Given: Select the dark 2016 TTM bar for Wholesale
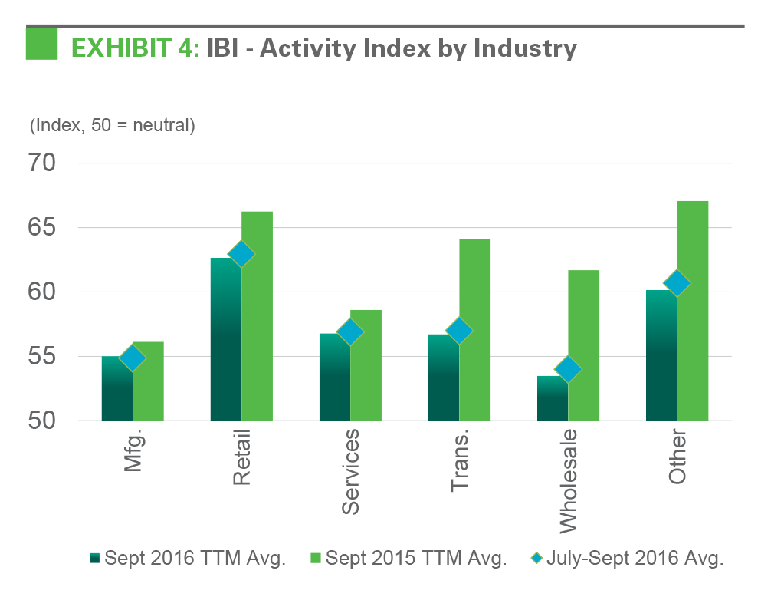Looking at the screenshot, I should tap(552, 399).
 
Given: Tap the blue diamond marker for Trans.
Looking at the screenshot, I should tap(459, 331).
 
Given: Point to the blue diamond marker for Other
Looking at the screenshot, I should tap(677, 283).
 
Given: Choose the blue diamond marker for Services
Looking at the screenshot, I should tap(350, 331).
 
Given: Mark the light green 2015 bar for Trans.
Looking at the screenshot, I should tap(475, 330).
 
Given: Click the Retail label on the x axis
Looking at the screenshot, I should tap(241, 460).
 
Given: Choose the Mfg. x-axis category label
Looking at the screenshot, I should tap(133, 453).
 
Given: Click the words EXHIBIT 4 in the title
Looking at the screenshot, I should tap(135, 48).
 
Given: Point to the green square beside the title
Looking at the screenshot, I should tap(41, 44).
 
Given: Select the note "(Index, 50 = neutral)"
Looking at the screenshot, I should tap(113, 125).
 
